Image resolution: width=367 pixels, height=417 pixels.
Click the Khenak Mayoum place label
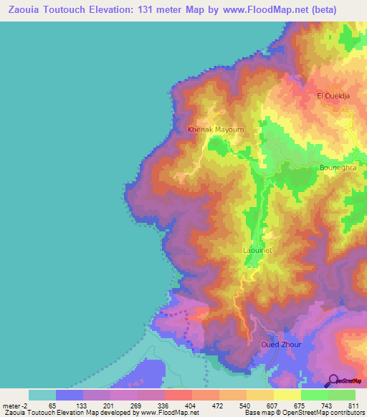(x=216, y=130)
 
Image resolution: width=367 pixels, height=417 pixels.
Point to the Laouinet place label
(x=257, y=251)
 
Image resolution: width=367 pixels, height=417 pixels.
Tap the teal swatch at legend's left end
(x=42, y=395)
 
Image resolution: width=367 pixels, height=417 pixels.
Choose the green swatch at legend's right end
(x=342, y=395)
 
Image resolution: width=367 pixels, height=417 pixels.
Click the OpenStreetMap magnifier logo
(x=334, y=380)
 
